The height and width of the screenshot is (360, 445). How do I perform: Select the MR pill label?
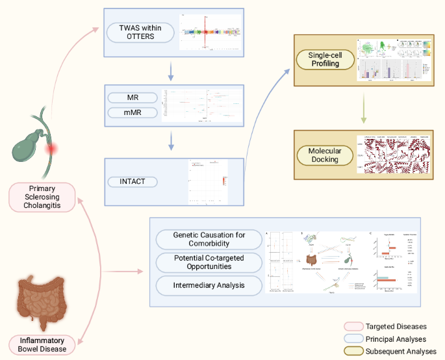(x=133, y=98)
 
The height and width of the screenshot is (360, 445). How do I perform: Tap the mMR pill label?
(x=133, y=114)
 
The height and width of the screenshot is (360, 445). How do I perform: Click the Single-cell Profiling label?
(x=325, y=60)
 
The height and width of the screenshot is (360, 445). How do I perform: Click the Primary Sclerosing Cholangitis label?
(x=42, y=197)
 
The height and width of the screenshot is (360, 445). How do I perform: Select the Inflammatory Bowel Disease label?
(x=42, y=344)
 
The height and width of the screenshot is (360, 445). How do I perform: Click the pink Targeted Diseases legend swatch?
(x=353, y=326)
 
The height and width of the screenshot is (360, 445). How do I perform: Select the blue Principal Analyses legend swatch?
(x=353, y=339)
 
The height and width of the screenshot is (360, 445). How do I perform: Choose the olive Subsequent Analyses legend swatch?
(x=353, y=351)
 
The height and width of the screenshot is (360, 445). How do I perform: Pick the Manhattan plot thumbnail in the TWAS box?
(x=208, y=31)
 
